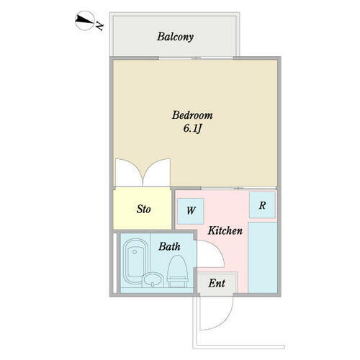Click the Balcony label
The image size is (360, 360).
pyautogui.click(x=176, y=36)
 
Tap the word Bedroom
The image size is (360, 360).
pyautogui.click(x=192, y=115)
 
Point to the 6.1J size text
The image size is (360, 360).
pyautogui.click(x=192, y=129)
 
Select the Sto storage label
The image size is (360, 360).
pyautogui.click(x=143, y=210)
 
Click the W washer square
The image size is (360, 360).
pyautogui.click(x=191, y=210)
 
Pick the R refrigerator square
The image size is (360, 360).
pyautogui.click(x=263, y=205)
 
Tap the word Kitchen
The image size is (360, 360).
pyautogui.click(x=225, y=231)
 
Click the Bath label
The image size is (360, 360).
pyautogui.click(x=170, y=246)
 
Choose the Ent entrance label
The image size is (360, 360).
pyautogui.click(x=217, y=283)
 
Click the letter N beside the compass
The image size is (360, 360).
pyautogui.click(x=99, y=27)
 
